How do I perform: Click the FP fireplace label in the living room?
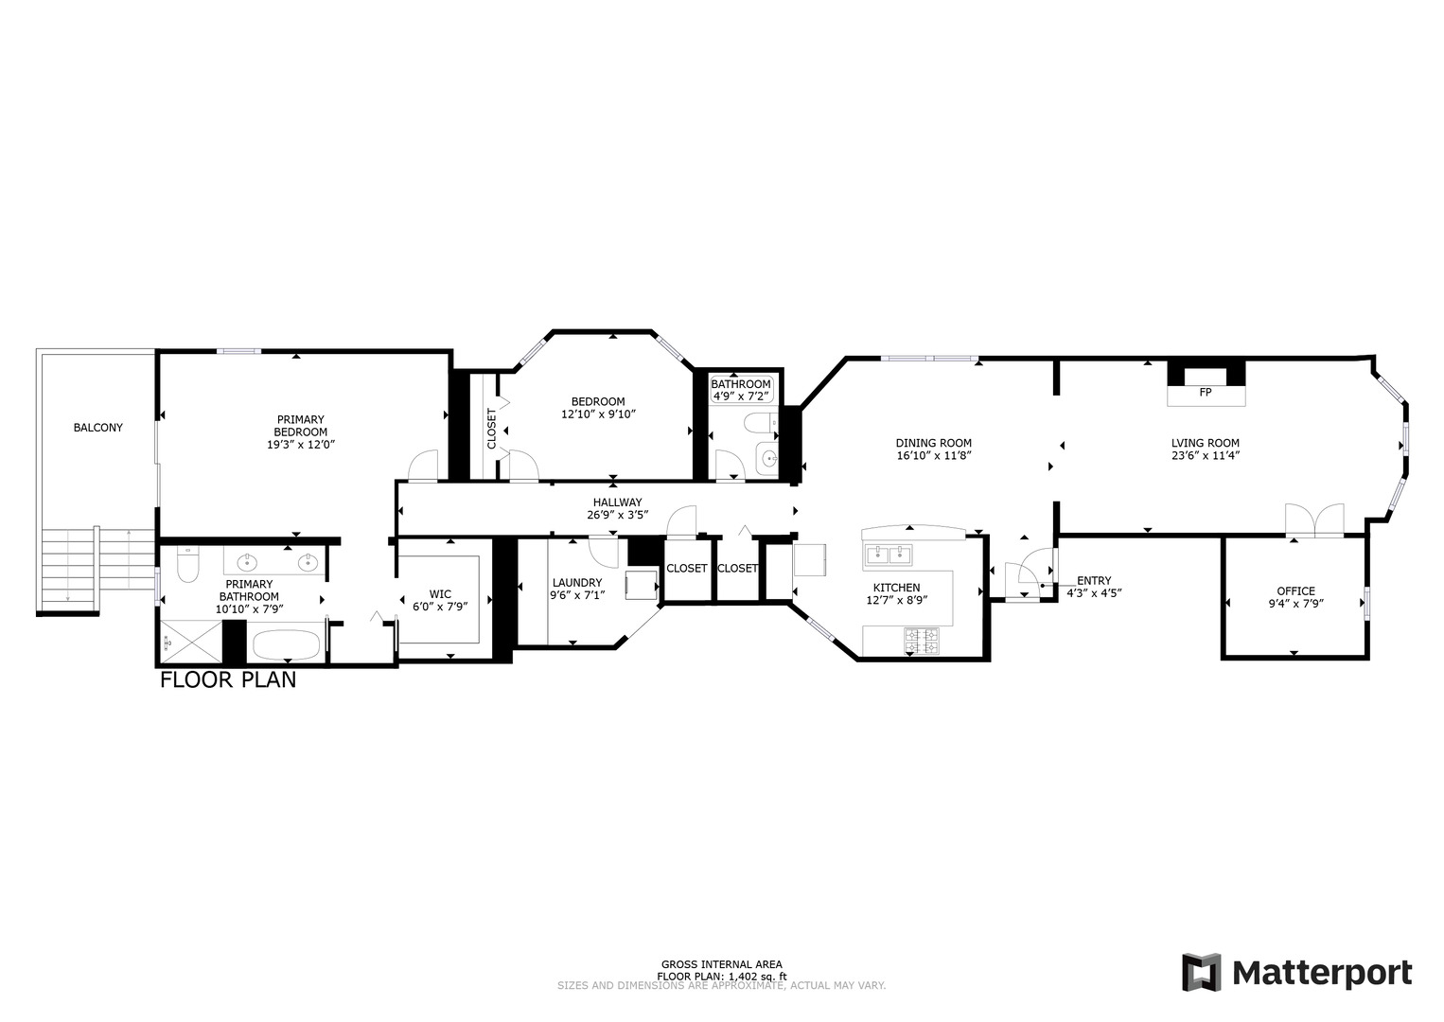coord(1205,392)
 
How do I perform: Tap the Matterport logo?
coord(1296,973)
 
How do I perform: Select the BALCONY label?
coord(98,428)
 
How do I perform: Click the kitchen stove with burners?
coord(923,641)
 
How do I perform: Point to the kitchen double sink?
coord(889,553)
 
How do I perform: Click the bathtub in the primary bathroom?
coord(287,647)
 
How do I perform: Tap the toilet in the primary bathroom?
coord(186,567)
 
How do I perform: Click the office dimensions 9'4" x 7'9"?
coord(1295,603)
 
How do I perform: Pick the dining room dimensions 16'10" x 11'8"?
coord(933,455)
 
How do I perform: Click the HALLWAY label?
coord(617,502)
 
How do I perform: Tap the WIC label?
coord(440,594)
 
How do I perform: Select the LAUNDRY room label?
coord(576,583)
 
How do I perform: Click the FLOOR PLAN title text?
coord(228,679)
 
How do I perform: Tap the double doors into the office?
coord(1314,521)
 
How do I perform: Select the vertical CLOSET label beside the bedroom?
coord(491,429)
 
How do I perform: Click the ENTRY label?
coord(1093,581)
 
